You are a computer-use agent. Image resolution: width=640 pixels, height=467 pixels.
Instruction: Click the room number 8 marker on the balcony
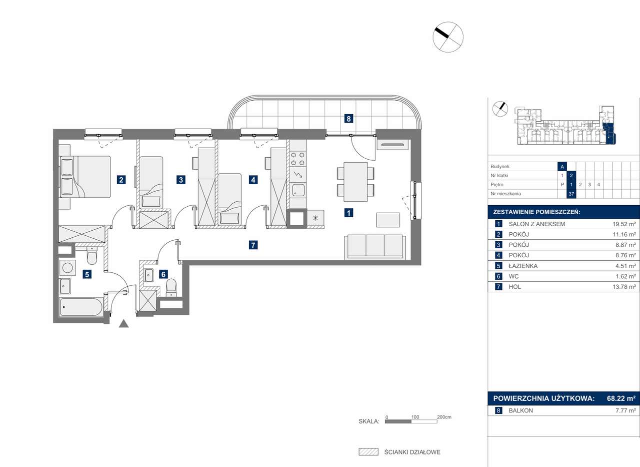coord(348,119)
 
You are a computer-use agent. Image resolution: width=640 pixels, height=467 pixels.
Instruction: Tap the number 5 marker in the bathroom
coord(87,274)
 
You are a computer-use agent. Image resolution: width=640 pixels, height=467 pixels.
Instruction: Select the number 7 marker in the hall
coord(253,245)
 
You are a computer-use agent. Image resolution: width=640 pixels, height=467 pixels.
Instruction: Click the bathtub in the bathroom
coord(81,307)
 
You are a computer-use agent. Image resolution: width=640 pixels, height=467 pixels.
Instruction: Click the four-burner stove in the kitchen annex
coord(297,159)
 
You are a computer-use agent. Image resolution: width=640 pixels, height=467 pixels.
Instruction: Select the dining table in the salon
coord(355,182)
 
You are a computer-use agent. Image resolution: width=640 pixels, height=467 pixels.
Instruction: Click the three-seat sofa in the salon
coord(375,247)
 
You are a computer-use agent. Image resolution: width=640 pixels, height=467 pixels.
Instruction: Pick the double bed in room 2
coord(85,177)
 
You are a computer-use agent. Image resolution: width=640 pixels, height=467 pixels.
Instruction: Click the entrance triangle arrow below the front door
coord(123,324)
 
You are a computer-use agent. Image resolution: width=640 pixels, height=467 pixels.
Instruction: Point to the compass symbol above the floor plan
coord(448,37)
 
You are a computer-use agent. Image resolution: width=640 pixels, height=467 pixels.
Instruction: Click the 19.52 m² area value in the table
coord(624,224)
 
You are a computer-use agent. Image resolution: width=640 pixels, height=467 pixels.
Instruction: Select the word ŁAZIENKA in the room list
coord(523,266)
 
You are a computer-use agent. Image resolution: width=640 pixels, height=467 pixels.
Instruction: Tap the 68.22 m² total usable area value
coord(621,398)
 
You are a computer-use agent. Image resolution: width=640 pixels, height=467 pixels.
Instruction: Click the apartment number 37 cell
coord(571,194)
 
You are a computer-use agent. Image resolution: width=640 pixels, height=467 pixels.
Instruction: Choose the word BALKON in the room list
coord(520,410)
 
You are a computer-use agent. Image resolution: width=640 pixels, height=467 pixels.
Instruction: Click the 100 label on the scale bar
coord(415,417)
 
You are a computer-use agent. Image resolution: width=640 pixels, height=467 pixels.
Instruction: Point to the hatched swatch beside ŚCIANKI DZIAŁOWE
coord(368,452)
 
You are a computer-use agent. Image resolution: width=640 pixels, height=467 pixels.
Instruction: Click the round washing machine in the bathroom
coord(67,268)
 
